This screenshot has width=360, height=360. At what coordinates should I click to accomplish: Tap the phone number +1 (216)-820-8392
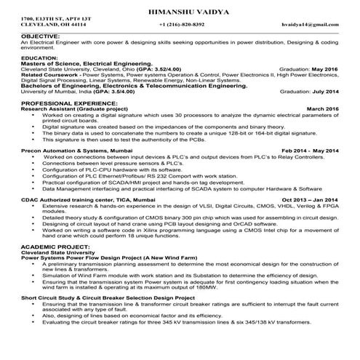coord(181,25)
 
